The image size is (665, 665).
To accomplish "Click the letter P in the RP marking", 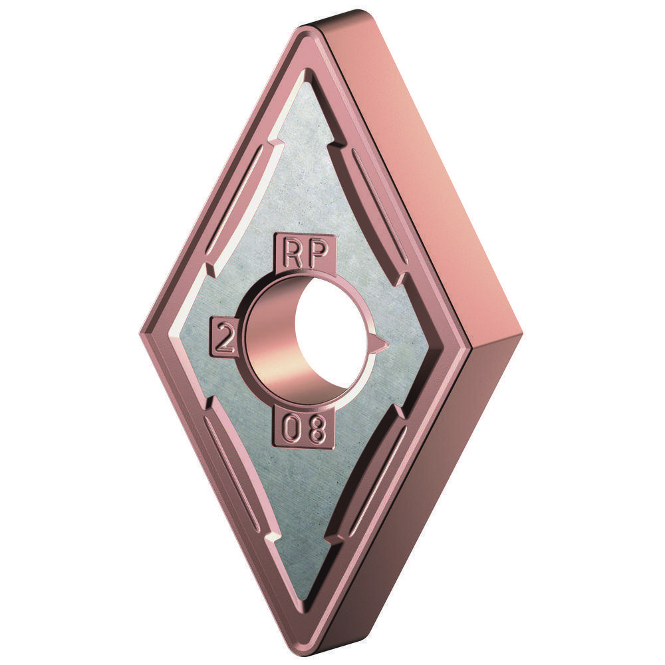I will [x=319, y=253].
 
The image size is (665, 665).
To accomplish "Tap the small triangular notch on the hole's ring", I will [x=379, y=342].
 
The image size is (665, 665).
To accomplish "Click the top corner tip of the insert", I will [x=313, y=30].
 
